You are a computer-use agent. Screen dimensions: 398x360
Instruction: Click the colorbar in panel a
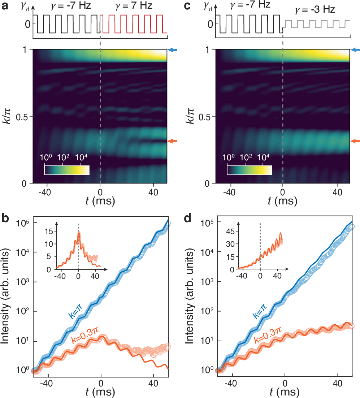tap(66, 170)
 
